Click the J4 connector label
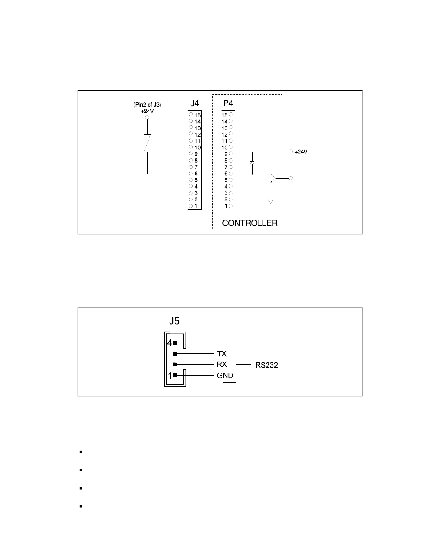point(195,104)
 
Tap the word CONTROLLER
point(250,224)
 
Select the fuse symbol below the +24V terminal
point(147,143)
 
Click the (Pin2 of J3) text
point(147,105)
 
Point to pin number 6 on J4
point(196,174)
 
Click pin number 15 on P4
point(224,115)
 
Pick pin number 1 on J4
point(196,206)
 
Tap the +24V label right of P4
point(301,152)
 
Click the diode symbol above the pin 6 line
point(252,163)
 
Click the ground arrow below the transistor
point(271,200)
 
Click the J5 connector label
point(174,321)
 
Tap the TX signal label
point(221,353)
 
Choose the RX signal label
point(222,364)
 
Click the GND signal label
point(225,375)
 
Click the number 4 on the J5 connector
point(169,342)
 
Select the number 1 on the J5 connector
point(169,376)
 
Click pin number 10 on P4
point(224,148)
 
